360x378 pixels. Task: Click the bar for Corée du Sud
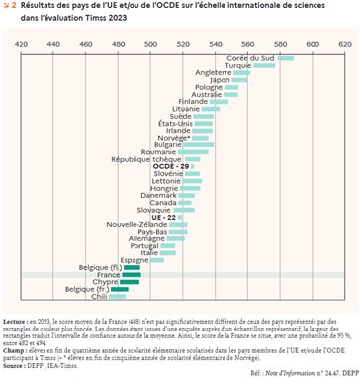[x=285, y=59]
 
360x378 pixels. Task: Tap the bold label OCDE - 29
[x=170, y=166]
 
